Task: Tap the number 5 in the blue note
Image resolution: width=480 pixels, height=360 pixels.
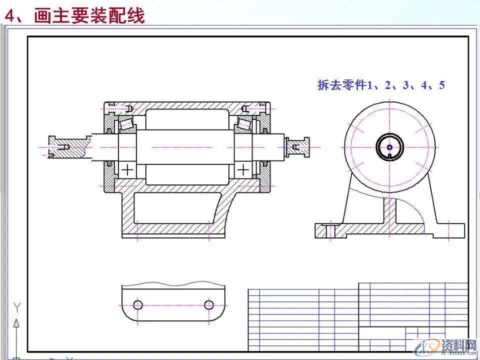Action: pyautogui.click(x=441, y=85)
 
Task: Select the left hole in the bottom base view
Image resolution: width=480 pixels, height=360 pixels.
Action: pyautogui.click(x=138, y=304)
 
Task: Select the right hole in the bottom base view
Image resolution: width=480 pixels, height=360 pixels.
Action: pyautogui.click(x=209, y=304)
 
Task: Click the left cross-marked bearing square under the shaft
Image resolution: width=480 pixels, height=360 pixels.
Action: pyautogui.click(x=127, y=169)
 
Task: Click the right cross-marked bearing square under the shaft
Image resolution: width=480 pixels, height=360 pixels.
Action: pyautogui.click(x=243, y=169)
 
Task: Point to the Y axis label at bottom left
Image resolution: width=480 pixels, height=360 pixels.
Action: pyautogui.click(x=17, y=306)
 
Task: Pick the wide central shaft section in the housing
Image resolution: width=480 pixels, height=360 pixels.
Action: pyautogui.click(x=185, y=147)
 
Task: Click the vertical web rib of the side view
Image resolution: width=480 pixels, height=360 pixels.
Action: pyautogui.click(x=390, y=210)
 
